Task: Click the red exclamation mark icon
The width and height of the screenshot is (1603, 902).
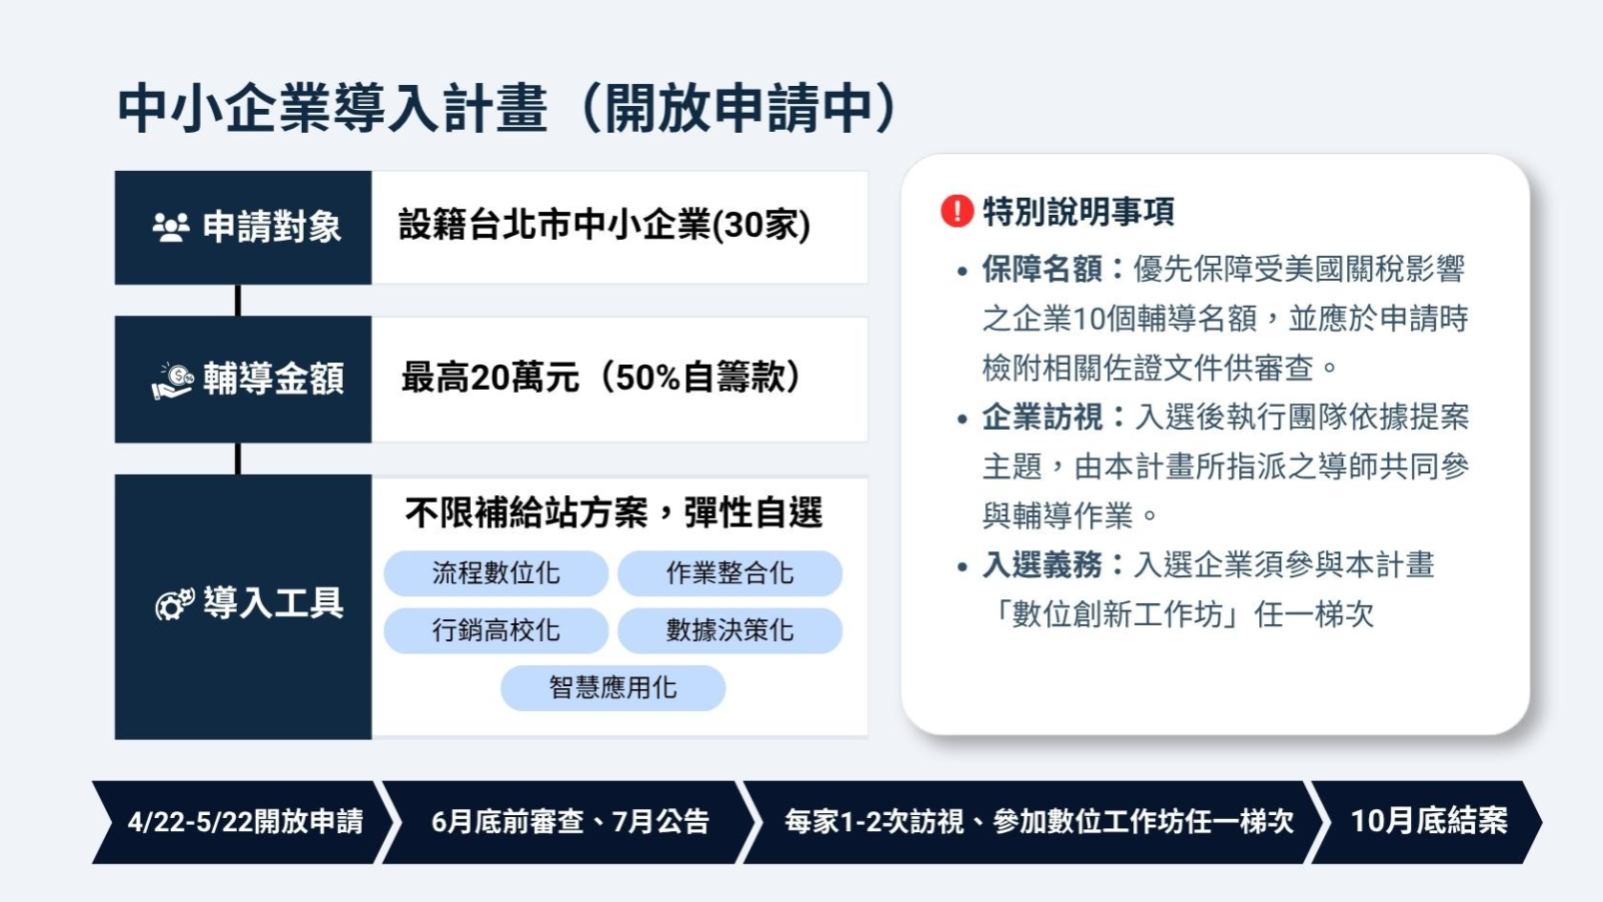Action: (956, 210)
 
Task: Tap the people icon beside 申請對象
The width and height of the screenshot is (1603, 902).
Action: (171, 227)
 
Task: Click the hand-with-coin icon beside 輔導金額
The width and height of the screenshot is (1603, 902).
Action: (173, 379)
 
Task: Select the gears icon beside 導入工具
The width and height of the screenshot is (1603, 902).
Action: (175, 604)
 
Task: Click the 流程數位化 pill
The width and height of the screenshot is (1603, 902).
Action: (496, 573)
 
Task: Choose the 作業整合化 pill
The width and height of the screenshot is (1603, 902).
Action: (730, 573)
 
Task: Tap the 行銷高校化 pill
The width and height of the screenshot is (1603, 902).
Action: (496, 631)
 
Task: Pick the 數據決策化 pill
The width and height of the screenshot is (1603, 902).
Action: (730, 631)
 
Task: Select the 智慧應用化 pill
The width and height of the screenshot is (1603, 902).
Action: (613, 688)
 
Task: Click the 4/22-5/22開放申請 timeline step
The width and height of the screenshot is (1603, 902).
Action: (245, 822)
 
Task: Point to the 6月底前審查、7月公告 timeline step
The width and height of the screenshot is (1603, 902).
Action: (569, 822)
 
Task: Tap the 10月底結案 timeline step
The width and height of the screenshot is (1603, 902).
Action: (1428, 822)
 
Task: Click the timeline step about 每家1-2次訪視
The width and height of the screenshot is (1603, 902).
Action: (1038, 822)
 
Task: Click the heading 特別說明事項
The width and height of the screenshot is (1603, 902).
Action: (1079, 211)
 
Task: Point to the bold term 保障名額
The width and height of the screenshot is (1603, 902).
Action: (1041, 269)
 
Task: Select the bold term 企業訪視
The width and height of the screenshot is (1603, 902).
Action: (1041, 418)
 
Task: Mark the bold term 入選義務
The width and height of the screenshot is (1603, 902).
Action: (1041, 566)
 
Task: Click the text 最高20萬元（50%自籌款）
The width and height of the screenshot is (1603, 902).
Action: (600, 378)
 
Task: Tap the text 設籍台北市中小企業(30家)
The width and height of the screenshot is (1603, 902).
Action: (604, 225)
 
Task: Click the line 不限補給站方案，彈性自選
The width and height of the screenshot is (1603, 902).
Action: (613, 513)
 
